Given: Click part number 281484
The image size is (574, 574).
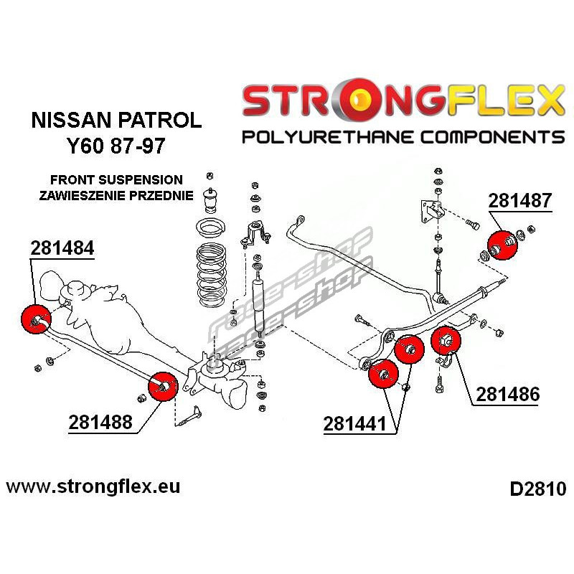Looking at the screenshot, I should [62, 248].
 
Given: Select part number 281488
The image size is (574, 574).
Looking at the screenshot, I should [100, 423].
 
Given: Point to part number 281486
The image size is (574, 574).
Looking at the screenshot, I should [507, 394].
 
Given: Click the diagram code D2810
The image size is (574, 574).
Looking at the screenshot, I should [537, 490].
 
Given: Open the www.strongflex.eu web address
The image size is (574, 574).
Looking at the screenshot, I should [93, 486].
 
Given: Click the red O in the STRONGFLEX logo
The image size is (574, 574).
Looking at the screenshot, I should [354, 101].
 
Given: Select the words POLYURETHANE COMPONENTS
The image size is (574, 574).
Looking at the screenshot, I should [403, 136].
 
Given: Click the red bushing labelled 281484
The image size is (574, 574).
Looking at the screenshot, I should [34, 318].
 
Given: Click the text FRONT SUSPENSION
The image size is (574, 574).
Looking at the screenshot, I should [116, 179].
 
